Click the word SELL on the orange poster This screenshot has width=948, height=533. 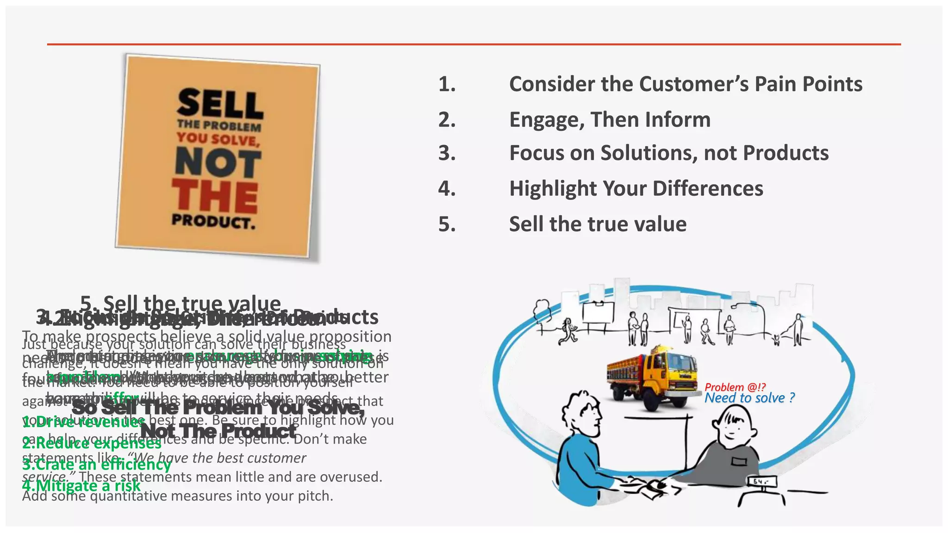[219, 103]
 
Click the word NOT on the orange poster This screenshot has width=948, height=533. [218, 162]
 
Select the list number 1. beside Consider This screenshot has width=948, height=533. [447, 84]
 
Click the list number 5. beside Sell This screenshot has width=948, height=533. [447, 224]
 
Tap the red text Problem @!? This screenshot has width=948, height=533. [735, 387]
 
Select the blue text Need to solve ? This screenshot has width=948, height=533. [749, 398]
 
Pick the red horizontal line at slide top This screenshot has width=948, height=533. [474, 44]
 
